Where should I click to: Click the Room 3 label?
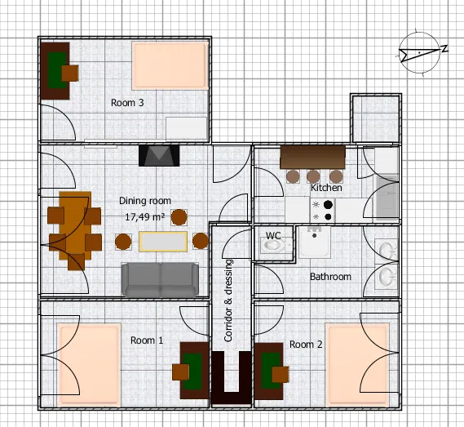(x=127, y=103)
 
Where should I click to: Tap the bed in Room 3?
(x=170, y=66)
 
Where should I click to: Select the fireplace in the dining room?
(x=159, y=155)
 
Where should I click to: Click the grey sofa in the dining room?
(x=161, y=280)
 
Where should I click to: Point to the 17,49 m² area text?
(x=145, y=217)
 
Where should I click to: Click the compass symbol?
(x=420, y=53)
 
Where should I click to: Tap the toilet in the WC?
(x=272, y=245)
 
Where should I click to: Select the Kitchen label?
(x=326, y=188)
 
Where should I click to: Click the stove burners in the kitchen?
(x=323, y=211)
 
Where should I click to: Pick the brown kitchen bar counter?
(x=313, y=157)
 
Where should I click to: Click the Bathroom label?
(x=330, y=277)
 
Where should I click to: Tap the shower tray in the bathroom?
(x=315, y=242)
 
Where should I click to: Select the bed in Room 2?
(x=357, y=364)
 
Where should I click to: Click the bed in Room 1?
(x=89, y=364)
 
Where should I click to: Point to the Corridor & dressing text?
(x=228, y=300)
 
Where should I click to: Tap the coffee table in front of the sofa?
(x=163, y=242)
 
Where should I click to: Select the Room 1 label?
(x=147, y=340)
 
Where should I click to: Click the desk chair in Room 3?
(x=70, y=73)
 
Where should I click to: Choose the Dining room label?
(x=145, y=201)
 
